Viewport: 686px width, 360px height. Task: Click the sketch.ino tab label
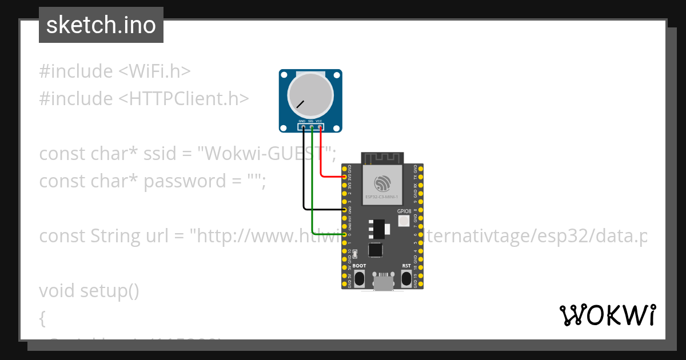(101, 25)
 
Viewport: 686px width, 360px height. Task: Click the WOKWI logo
(607, 315)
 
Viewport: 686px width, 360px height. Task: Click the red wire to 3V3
(321, 154)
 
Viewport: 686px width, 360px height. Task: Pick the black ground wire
(304, 171)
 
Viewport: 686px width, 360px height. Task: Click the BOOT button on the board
(360, 278)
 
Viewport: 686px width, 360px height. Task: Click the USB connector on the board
(383, 281)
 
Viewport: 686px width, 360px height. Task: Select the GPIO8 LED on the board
(404, 221)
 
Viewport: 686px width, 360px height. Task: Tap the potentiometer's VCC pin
(320, 127)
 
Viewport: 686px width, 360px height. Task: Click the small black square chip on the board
(376, 250)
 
